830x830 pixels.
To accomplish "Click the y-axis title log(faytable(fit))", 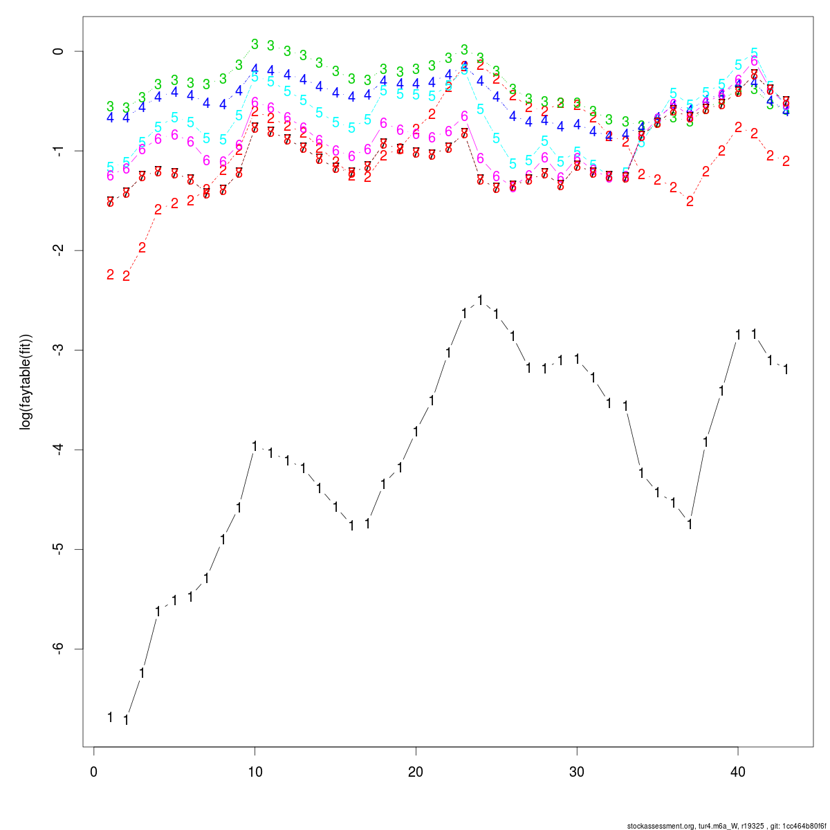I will (x=26, y=382).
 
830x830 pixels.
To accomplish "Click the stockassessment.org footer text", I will (x=726, y=826).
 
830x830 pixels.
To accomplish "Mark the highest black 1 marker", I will (x=480, y=300).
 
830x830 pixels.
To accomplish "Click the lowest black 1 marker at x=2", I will (x=126, y=720).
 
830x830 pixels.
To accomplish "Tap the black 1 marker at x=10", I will (x=255, y=446).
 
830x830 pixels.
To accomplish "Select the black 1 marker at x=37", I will (x=690, y=524).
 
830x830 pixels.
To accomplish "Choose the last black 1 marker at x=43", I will (x=786, y=369).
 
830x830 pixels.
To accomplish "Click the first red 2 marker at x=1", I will (x=110, y=275).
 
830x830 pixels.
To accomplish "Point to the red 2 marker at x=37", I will (x=690, y=201).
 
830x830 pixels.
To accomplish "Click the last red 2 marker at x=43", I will (x=786, y=161).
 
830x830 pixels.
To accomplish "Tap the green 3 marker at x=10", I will (x=255, y=44).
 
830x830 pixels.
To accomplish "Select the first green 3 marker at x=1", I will (x=110, y=107).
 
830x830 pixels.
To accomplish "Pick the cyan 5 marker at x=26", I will (x=513, y=164).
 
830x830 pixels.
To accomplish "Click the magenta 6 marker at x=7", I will (x=206, y=160).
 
